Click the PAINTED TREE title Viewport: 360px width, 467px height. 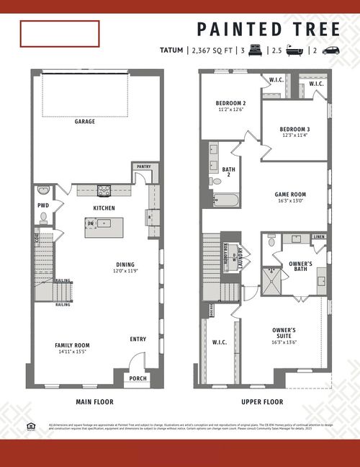268,29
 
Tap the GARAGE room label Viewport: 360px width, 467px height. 85,122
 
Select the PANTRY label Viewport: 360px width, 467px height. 143,166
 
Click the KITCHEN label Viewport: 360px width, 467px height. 104,208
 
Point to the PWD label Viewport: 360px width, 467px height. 43,205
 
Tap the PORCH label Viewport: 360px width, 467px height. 137,378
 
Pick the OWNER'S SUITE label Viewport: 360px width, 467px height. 284,333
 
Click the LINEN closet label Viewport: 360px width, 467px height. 320,237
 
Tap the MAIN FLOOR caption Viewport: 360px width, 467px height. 94,402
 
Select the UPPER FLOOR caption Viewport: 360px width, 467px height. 262,402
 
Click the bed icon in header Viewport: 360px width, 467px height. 255,50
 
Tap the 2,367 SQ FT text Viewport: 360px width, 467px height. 212,51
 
